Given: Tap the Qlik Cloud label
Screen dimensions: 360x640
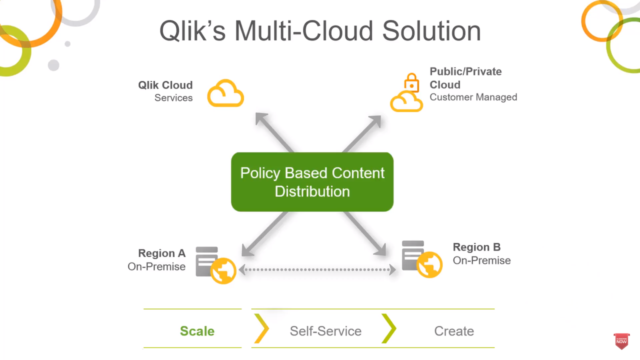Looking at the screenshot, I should point(165,85).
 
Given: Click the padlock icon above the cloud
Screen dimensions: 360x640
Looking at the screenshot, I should point(411,82).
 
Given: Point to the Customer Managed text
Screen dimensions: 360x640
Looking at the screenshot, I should point(473,97).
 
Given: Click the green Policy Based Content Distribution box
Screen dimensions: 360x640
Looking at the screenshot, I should point(312,182).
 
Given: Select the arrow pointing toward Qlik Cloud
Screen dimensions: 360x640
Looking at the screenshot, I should point(273,131).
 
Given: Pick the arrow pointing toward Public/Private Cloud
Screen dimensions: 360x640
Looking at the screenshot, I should point(362,133).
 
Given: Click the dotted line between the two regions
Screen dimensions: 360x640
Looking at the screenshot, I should point(317,270).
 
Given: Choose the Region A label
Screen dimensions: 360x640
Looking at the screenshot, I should point(161,253).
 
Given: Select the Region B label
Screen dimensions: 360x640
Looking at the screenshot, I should point(476,247).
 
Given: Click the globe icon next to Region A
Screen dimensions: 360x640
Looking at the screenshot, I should point(223,271).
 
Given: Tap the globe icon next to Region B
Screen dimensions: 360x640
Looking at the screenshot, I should point(429,264).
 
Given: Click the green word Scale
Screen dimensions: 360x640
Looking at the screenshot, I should point(197,331).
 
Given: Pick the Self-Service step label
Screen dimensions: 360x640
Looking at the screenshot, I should point(325,331).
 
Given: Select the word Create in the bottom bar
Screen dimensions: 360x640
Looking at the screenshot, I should point(454,331).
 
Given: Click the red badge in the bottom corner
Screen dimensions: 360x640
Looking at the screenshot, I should point(621,341).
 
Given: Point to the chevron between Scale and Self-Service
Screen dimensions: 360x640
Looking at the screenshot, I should point(261,328).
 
